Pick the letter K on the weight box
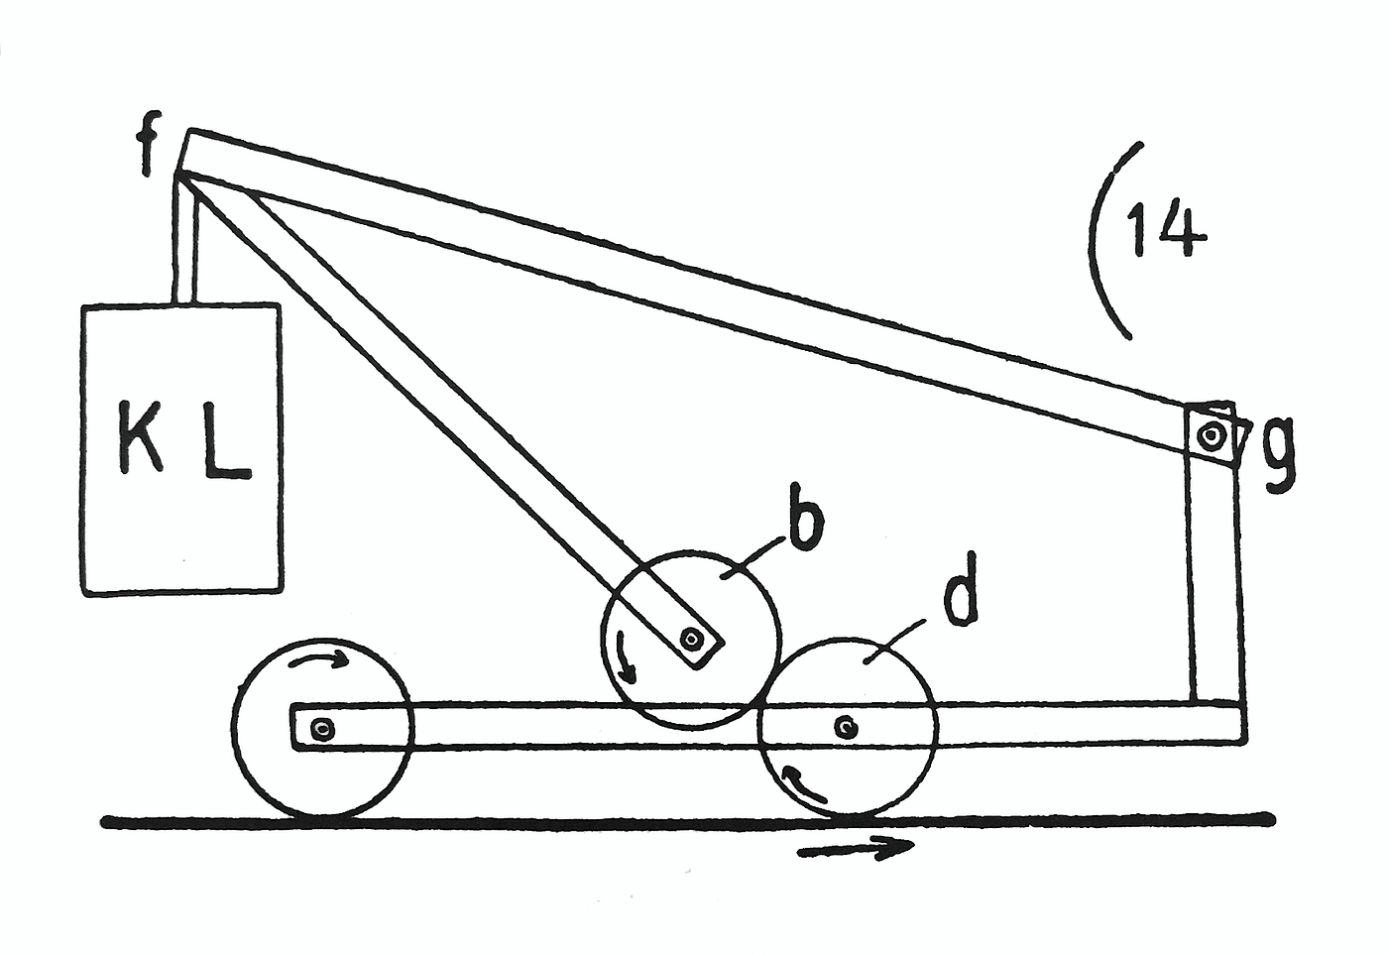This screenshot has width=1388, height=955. pyautogui.click(x=141, y=437)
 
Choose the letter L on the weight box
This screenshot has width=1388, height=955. pyautogui.click(x=227, y=441)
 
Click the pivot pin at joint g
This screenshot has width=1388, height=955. pyautogui.click(x=1211, y=434)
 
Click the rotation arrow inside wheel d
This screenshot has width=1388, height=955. pyautogui.click(x=803, y=783)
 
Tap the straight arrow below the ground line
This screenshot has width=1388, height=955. pyautogui.click(x=855, y=849)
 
